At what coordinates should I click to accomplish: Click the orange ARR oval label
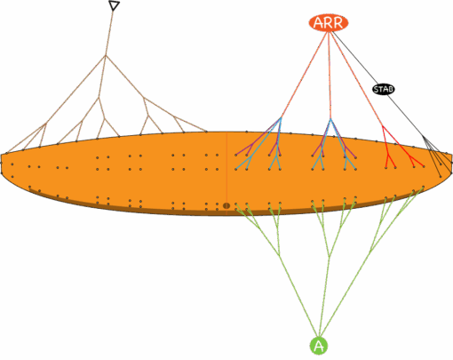(x=329, y=23)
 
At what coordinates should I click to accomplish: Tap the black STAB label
(x=384, y=89)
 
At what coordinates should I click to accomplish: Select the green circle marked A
(x=319, y=346)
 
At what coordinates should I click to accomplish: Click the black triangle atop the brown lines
(x=114, y=5)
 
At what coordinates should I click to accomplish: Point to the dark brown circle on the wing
(x=226, y=205)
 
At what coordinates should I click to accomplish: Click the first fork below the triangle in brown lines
(x=106, y=55)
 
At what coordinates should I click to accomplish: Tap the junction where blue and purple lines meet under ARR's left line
(x=281, y=118)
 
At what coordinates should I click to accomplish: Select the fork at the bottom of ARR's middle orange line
(x=330, y=120)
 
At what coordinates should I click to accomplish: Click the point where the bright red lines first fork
(x=382, y=126)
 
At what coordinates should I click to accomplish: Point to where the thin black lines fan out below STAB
(x=424, y=137)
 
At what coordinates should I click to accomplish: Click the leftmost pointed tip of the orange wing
(x=1, y=155)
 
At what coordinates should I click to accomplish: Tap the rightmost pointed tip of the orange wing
(x=452, y=154)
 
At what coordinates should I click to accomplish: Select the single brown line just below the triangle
(x=109, y=33)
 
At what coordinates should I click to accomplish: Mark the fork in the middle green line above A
(x=329, y=256)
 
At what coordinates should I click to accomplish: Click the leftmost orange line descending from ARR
(x=304, y=75)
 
